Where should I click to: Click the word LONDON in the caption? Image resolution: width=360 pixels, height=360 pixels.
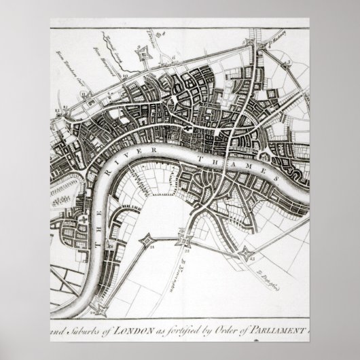pos(141,331)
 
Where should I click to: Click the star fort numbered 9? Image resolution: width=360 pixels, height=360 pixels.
pos(143,54)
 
